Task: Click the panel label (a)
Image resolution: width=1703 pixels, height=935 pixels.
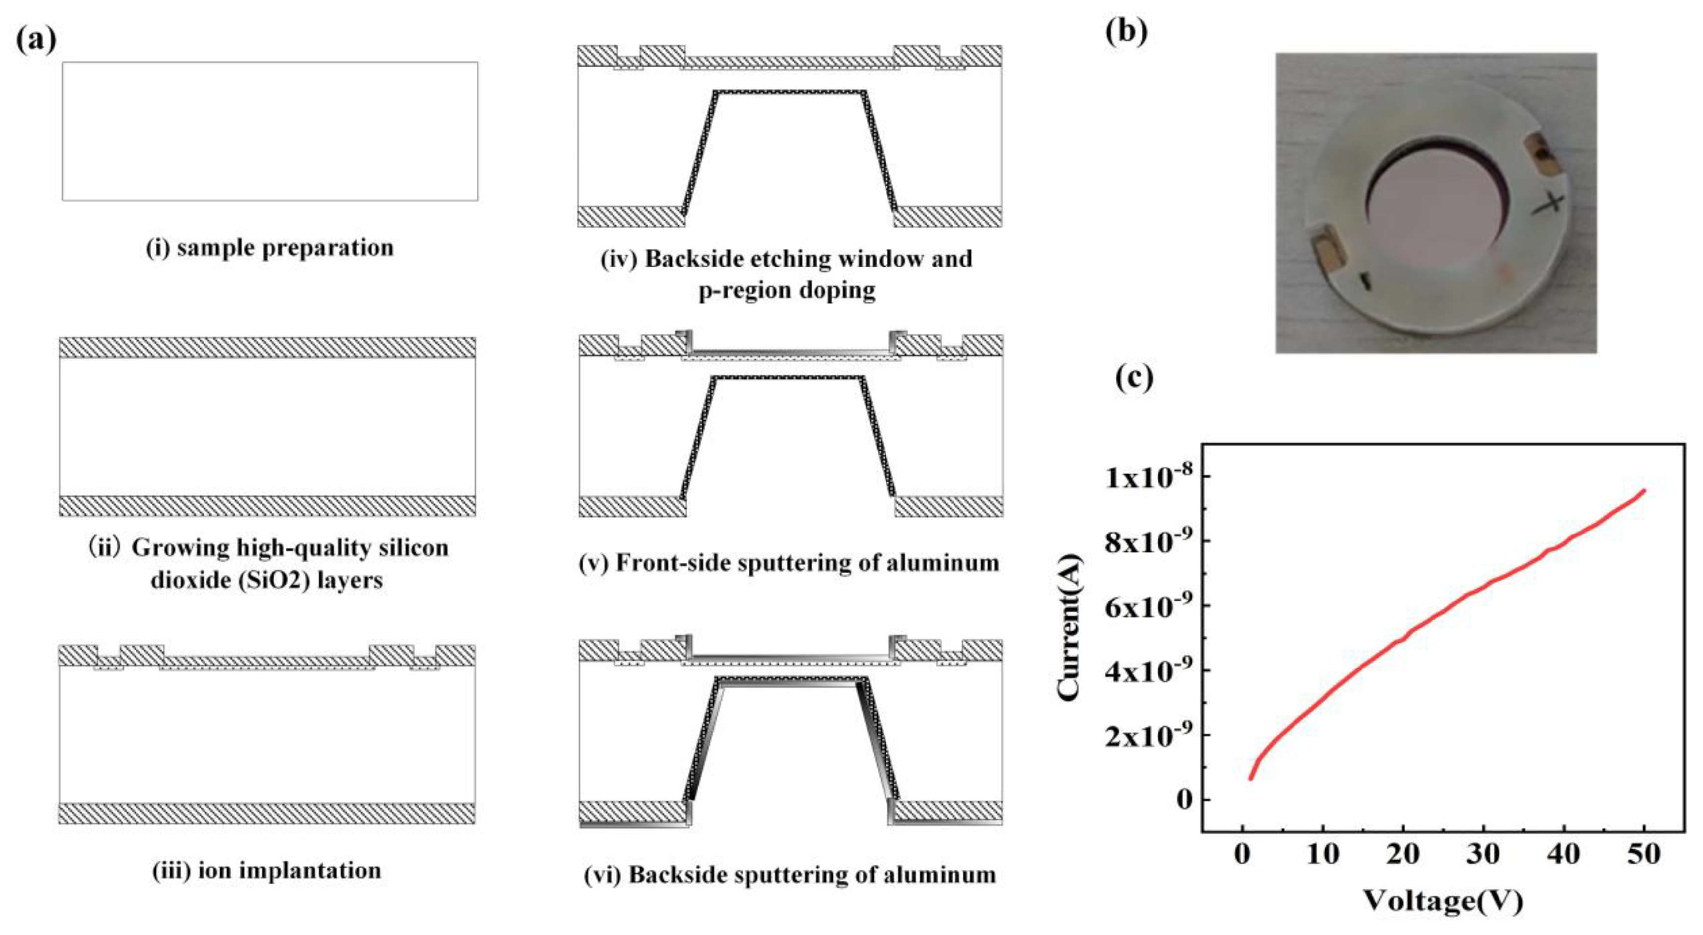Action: pyautogui.click(x=36, y=40)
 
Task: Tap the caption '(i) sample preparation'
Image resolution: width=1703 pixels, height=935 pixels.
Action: pyautogui.click(x=270, y=248)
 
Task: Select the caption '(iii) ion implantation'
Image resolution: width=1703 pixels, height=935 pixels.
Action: pyautogui.click(x=267, y=870)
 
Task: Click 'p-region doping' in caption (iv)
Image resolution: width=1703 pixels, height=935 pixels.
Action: pyautogui.click(x=787, y=290)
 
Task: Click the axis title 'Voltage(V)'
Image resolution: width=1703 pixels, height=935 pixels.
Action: pyautogui.click(x=1444, y=900)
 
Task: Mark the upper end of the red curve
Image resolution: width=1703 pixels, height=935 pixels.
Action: pyautogui.click(x=1644, y=490)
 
